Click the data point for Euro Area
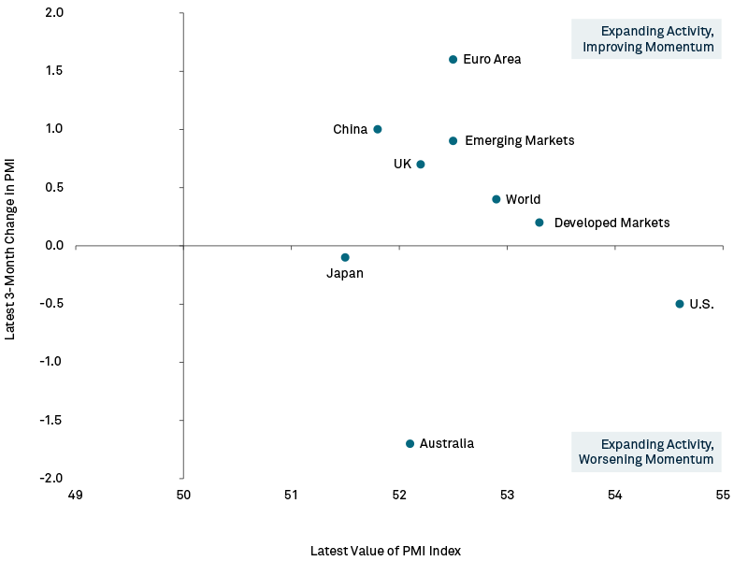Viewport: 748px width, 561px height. coord(453,59)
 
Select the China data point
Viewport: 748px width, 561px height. coord(378,129)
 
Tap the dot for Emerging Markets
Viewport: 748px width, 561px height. coord(453,141)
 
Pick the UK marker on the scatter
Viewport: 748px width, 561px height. coord(421,165)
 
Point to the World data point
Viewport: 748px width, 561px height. coord(496,199)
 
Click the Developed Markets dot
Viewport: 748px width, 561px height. coord(539,223)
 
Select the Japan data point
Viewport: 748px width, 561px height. coord(345,257)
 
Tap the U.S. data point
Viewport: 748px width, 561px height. coord(680,304)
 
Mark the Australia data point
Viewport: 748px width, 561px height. coord(410,443)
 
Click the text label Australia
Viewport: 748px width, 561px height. coord(447,443)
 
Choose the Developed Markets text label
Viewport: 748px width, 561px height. coord(611,223)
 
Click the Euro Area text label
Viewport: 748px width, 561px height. coord(492,60)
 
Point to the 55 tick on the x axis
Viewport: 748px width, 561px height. coord(723,494)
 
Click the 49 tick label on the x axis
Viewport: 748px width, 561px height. coord(76,494)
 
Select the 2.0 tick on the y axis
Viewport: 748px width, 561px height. coord(54,13)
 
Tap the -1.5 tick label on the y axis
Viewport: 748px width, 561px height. coord(51,420)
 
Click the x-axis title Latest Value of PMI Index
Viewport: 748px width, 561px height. coord(385,551)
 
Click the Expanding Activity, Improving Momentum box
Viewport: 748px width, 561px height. coord(646,38)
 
